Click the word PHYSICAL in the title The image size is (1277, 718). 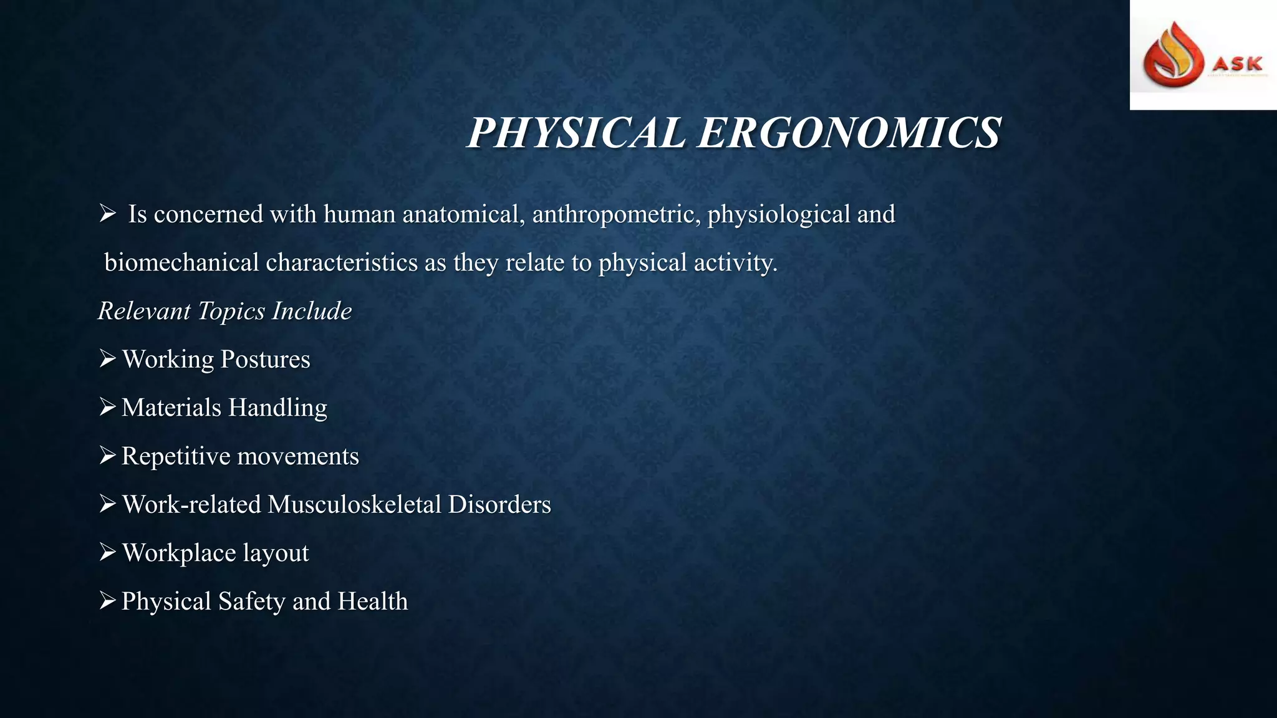coord(577,133)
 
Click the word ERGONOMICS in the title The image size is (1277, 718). coord(849,133)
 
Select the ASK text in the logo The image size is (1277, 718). coord(1238,64)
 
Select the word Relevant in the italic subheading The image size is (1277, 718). coord(144,311)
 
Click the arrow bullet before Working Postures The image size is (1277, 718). coord(107,359)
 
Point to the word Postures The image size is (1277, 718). coord(265,360)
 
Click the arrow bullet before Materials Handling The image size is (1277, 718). coord(107,407)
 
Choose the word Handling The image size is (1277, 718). coord(277,408)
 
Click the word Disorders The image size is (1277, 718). coord(499,504)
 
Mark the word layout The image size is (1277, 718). coord(275,553)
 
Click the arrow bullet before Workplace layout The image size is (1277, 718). coord(107,552)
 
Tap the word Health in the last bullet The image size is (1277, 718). coord(372,601)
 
